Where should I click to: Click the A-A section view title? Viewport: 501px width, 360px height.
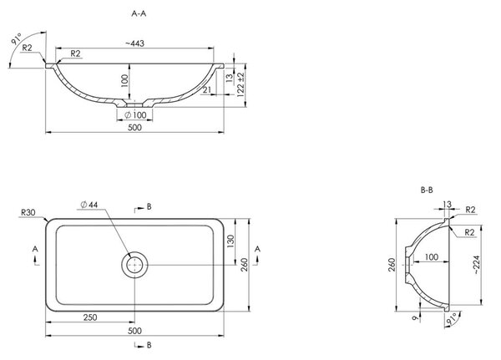[139, 13]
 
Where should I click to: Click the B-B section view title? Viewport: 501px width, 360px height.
[427, 190]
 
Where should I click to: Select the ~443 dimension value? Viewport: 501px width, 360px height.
[134, 43]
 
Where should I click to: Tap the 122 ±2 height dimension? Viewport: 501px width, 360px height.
[241, 84]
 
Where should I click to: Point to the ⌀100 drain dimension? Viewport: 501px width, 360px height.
[135, 114]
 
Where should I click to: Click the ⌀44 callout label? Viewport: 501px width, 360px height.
[89, 205]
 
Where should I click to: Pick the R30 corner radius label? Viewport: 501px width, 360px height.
[28, 212]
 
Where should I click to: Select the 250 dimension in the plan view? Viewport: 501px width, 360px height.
[90, 317]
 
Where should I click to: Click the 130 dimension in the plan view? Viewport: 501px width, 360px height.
[230, 241]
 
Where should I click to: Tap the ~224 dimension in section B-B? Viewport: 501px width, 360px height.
[477, 266]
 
